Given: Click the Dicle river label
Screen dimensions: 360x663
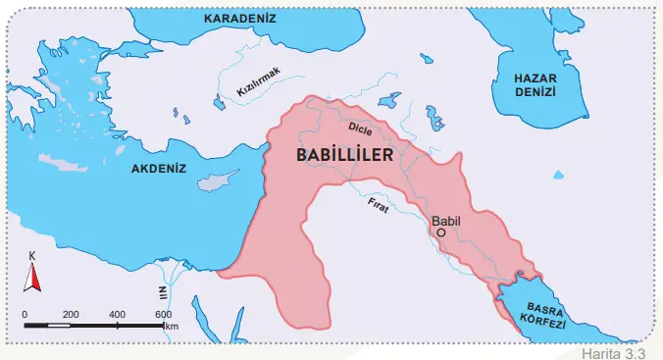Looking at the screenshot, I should coord(362,127).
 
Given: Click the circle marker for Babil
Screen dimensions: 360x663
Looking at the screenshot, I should coord(441,233).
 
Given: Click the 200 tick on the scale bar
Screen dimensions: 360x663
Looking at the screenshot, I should coord(71,314).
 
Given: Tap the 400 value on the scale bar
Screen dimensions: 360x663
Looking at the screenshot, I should coord(118,314).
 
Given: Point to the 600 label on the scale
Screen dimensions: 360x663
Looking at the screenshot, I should coord(164,314).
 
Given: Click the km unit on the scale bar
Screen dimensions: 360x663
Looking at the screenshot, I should coord(172,326).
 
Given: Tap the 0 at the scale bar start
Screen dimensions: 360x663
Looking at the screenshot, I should coord(25,314).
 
